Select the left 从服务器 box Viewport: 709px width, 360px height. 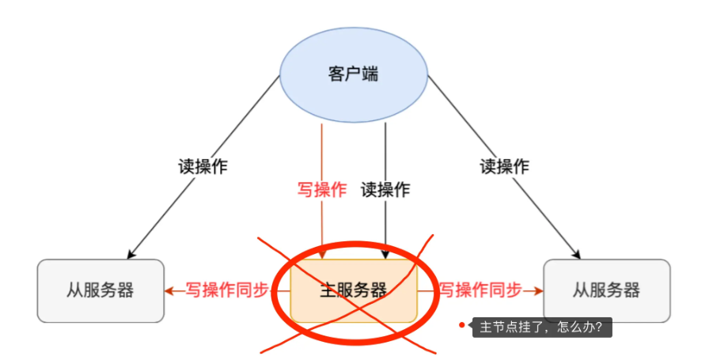point(100,290)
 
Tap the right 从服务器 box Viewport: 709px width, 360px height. point(607,290)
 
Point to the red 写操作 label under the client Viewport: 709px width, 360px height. point(321,190)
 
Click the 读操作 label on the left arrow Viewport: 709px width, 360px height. point(203,166)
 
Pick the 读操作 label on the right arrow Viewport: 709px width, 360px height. point(504,166)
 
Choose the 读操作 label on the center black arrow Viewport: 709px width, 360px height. point(385,190)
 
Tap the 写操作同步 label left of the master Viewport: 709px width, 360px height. point(226,290)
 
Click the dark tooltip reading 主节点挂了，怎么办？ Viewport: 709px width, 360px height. point(542,327)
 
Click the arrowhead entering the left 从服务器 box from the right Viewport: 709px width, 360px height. point(169,290)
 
